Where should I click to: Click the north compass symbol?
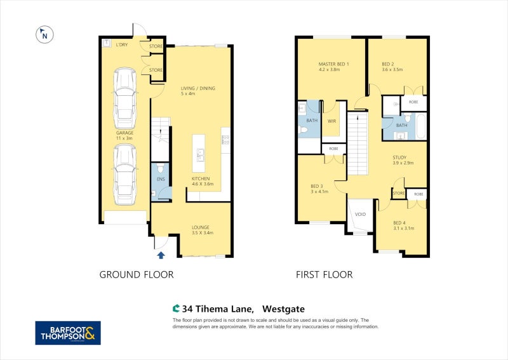click(44, 36)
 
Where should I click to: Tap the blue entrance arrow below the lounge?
click(161, 255)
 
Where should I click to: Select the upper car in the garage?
click(124, 98)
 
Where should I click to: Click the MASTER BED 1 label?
click(333, 64)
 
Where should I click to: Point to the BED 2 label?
click(389, 64)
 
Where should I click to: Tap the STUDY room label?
click(399, 157)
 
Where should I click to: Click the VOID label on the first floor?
click(360, 214)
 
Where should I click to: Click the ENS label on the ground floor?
click(161, 180)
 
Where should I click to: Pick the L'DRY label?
click(122, 45)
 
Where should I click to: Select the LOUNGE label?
click(201, 227)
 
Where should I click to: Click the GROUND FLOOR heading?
click(136, 275)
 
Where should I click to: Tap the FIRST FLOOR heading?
click(324, 275)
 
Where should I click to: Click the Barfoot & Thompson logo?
click(68, 333)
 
